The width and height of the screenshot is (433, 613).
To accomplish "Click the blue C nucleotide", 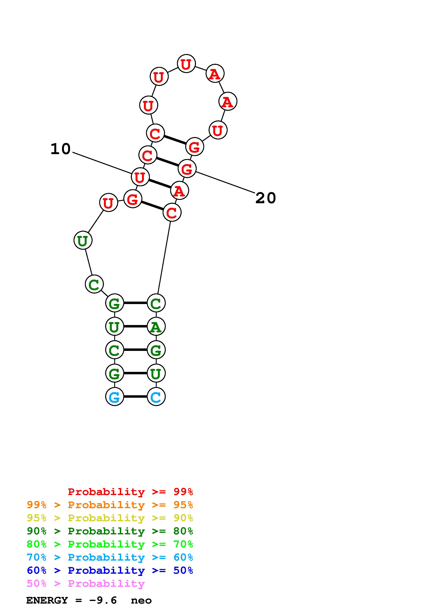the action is coord(156,397).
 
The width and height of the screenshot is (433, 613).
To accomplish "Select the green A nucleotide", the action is coord(156,326).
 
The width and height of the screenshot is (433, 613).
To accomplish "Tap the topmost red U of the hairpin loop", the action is coord(186,64).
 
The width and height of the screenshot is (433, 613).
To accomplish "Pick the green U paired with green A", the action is coord(114,326).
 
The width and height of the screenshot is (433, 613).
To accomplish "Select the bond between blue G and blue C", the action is coord(135,397).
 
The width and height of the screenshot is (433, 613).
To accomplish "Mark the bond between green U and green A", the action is coord(135,326).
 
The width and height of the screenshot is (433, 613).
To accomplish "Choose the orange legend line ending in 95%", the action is coord(110,505).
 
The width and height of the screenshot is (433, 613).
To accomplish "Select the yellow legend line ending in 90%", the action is coord(110,518).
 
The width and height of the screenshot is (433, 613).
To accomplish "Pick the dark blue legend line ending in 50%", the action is coord(110,570).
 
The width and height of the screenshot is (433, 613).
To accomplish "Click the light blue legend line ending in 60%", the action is coord(110,557).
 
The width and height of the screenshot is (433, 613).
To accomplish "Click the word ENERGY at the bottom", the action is coord(47,600).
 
